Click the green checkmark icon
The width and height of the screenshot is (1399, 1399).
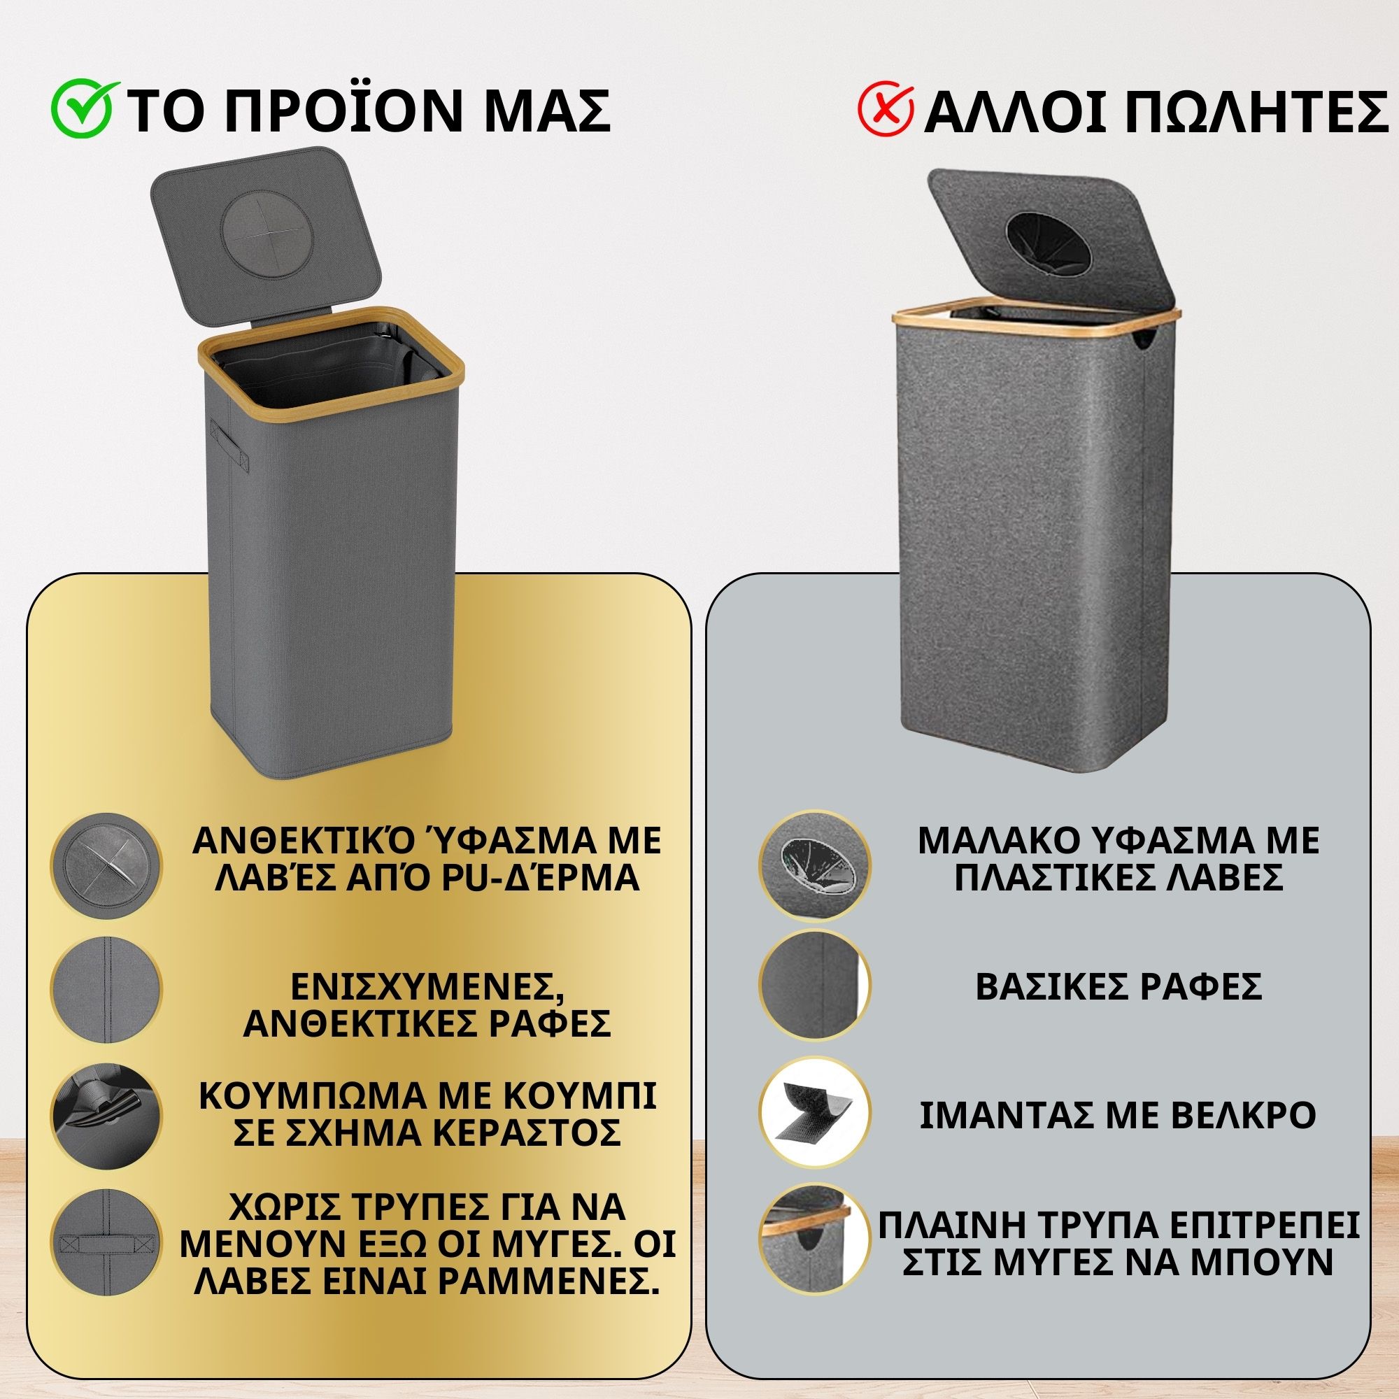(82, 110)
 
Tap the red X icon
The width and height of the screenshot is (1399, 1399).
(885, 111)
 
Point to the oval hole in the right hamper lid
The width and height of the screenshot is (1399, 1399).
(1047, 245)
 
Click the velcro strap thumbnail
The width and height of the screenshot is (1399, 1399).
(814, 1115)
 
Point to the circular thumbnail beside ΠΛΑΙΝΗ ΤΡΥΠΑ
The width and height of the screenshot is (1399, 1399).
(814, 1240)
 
